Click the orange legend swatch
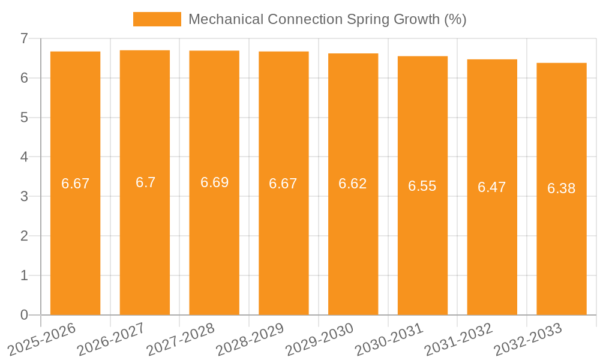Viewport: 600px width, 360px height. (157, 19)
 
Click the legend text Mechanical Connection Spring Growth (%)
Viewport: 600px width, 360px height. (327, 19)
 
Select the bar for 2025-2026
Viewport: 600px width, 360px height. (75, 240)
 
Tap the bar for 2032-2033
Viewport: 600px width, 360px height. (562, 252)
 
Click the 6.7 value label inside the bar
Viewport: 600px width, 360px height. (145, 182)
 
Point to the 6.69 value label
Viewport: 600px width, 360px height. (214, 182)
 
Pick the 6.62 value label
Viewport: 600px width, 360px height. (353, 184)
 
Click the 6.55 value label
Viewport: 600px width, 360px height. (422, 186)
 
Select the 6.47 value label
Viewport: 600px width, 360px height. (492, 187)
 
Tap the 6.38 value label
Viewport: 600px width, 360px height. (562, 188)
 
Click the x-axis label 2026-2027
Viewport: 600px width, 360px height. (112, 338)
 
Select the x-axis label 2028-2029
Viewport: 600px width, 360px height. (250, 338)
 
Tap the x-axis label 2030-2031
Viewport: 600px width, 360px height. (389, 338)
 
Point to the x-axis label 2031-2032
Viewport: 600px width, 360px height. (459, 338)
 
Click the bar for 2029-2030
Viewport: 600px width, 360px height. (353, 252)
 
